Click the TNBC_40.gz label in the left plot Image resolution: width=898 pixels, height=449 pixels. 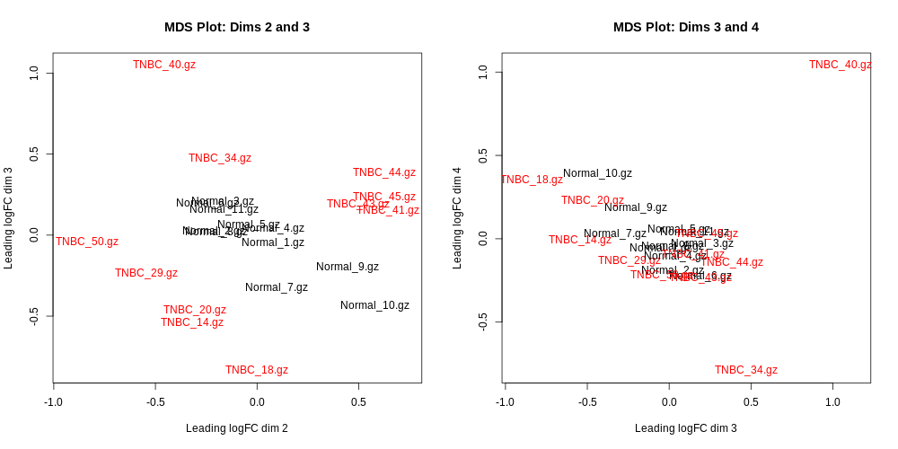[164, 65]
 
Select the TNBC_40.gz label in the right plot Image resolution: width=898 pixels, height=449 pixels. [840, 65]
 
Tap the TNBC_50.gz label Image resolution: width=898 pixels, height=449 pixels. [87, 242]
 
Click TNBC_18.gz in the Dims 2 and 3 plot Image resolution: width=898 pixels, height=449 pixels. [257, 370]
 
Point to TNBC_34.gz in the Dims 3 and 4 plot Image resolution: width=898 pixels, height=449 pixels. [746, 370]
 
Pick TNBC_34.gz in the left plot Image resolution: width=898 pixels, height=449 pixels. [220, 158]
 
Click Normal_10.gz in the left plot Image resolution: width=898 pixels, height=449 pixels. [374, 305]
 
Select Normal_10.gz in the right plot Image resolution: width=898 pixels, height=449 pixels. [597, 173]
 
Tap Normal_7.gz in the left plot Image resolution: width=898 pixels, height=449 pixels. [277, 287]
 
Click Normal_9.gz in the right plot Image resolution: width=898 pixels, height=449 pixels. [636, 207]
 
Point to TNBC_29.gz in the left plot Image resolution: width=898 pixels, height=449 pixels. [146, 273]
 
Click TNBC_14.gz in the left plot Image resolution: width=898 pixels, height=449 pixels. [192, 322]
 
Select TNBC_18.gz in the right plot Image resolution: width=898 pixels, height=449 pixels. [532, 180]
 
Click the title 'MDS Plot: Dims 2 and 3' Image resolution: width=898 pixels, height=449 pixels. [237, 27]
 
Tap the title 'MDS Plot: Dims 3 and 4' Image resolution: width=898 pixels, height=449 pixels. [686, 27]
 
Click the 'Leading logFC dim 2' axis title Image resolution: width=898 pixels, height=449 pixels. [237, 428]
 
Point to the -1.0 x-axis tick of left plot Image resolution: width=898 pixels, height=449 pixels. [54, 401]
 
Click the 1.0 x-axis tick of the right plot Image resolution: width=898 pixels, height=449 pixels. [833, 401]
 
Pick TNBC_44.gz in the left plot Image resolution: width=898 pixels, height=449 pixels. [384, 172]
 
